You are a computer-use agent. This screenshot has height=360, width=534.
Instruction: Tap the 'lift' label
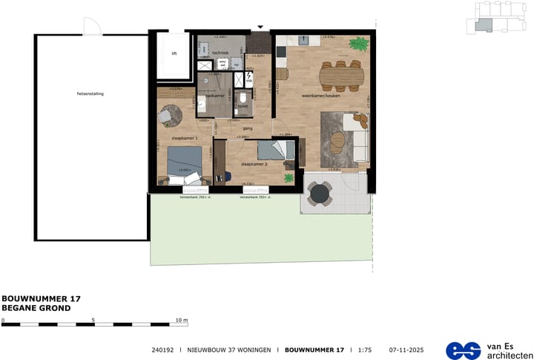pyautogui.click(x=174, y=54)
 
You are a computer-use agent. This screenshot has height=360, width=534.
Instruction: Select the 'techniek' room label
pyautogui.click(x=220, y=53)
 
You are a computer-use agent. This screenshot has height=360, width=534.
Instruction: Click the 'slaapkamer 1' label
pyautogui.click(x=183, y=139)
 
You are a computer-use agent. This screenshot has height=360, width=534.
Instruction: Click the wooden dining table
pyautogui.click(x=342, y=73)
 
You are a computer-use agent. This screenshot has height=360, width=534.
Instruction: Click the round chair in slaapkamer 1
pyautogui.click(x=169, y=114)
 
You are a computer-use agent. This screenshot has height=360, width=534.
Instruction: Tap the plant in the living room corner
pyautogui.click(x=360, y=45)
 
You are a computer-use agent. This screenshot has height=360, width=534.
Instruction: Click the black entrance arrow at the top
pyautogui.click(x=260, y=27)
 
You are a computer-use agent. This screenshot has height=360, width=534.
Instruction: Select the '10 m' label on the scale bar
pyautogui.click(x=182, y=320)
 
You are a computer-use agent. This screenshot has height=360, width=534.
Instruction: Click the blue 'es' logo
pyautogui.click(x=462, y=350)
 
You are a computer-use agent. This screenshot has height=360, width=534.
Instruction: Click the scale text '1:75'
pyautogui.click(x=365, y=350)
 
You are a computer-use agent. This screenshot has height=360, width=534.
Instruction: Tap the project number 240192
pyautogui.click(x=162, y=350)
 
